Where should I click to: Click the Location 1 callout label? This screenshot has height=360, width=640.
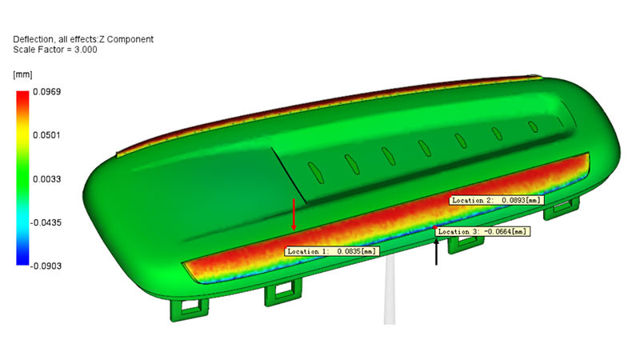[x=332, y=251]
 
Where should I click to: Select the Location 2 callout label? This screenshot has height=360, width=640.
[x=496, y=200]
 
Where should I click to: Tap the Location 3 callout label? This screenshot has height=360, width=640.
[x=482, y=231]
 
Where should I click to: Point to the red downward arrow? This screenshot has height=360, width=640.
[x=294, y=215]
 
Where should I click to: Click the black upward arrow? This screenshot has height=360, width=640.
[x=436, y=251]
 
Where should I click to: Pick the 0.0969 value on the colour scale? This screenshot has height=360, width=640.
[x=46, y=91]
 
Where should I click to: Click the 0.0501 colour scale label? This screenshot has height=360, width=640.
[x=46, y=135]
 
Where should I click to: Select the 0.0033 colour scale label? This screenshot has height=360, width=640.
[x=46, y=178]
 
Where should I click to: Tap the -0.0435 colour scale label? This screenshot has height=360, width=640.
[x=46, y=222]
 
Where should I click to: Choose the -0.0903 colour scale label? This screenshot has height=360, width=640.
[x=46, y=266]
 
